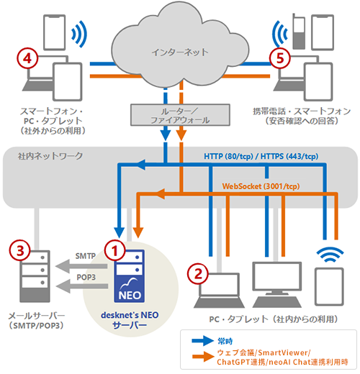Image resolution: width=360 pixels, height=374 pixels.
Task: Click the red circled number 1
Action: click(x=114, y=250)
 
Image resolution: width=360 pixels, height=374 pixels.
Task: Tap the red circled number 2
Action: click(x=198, y=274)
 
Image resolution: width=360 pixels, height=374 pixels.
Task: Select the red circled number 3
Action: click(x=20, y=250)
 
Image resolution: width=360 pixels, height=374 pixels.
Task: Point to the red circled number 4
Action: click(x=27, y=58)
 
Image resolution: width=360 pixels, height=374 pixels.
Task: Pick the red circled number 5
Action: click(x=280, y=58)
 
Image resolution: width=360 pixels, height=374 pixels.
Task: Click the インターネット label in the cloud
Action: click(x=180, y=52)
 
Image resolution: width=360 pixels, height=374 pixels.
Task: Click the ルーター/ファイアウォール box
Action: click(x=180, y=115)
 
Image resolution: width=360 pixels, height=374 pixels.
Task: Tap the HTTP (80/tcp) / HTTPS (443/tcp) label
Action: click(x=261, y=156)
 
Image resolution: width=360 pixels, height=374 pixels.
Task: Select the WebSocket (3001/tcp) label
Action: click(x=261, y=186)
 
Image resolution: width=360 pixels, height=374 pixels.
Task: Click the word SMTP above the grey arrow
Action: click(x=86, y=256)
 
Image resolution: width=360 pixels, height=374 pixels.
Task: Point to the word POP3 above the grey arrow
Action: click(x=86, y=277)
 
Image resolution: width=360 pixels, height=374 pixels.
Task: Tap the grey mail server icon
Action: click(x=35, y=276)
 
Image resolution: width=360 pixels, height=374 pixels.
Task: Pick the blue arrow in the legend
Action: click(x=203, y=341)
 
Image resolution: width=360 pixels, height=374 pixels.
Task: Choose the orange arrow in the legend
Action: click(x=203, y=357)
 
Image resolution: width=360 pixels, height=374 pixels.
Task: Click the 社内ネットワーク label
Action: click(x=50, y=156)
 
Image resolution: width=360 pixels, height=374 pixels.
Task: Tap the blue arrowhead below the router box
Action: click(x=166, y=135)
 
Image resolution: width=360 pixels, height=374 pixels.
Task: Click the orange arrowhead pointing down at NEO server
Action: click(x=138, y=232)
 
